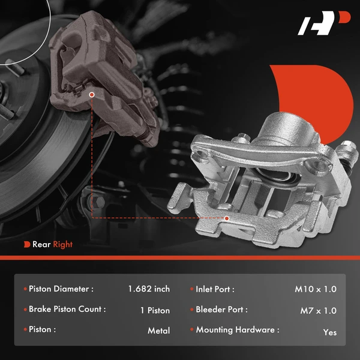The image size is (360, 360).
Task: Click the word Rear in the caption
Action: pos(41,244)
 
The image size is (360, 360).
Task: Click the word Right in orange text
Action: pos(62,244)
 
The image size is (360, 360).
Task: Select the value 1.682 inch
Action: pos(149,289)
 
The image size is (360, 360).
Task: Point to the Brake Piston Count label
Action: pos(67,310)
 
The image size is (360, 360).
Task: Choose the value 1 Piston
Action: pos(154,311)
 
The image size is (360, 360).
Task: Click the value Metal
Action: pos(158,331)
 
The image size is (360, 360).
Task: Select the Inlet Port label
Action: pos(215,289)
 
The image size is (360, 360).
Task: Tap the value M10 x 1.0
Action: pos(316,289)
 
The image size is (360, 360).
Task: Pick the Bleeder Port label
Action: pos(221,310)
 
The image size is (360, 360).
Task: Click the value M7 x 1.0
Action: pos(318,311)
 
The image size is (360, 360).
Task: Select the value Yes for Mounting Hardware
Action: pos(329,332)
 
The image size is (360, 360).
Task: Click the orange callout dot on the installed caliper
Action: pos(92,95)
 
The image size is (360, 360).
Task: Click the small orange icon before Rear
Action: pos(27,244)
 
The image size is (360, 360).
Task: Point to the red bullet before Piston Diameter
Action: pos(25,289)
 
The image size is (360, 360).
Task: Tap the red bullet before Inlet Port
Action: pos(191,289)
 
